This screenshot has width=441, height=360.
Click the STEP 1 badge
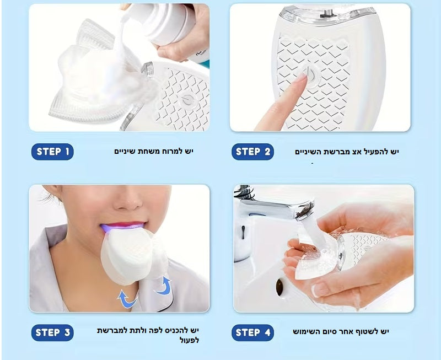(x=52, y=152)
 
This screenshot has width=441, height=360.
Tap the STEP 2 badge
(x=252, y=152)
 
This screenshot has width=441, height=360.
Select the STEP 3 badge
(x=52, y=332)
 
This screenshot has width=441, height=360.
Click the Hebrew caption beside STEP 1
(x=154, y=151)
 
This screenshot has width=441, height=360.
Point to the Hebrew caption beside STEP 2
(x=346, y=152)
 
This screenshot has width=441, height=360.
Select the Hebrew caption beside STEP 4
(x=341, y=331)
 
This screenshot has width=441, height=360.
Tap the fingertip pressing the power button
(x=299, y=80)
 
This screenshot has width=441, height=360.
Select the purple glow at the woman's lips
(x=122, y=225)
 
